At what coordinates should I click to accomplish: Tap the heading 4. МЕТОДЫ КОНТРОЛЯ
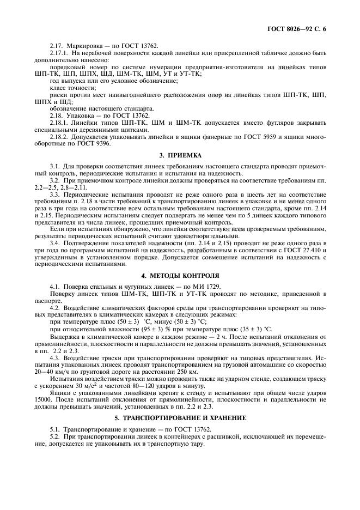click(180, 276)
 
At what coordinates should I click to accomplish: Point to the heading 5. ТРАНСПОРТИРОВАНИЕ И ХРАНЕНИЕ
click(180, 418)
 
